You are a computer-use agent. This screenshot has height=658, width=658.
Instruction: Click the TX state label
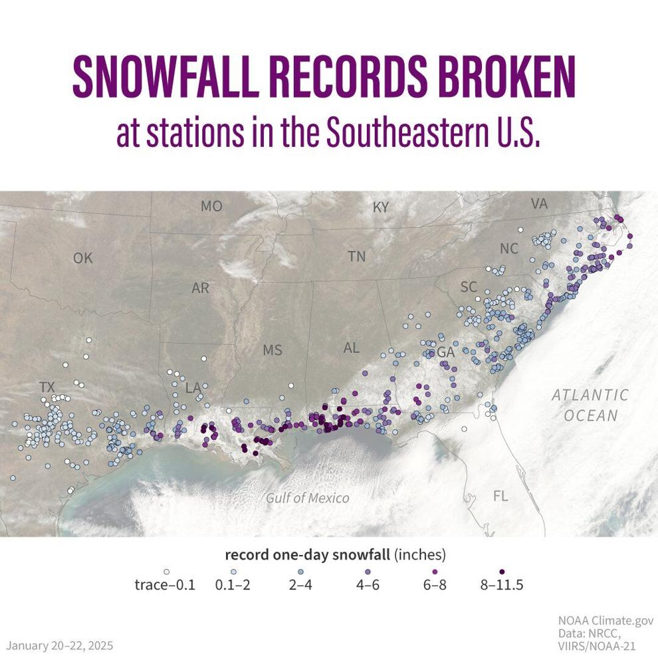[x=47, y=387]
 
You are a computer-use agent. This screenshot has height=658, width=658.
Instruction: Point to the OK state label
[x=83, y=259]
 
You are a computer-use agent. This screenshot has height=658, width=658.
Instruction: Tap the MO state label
[x=211, y=207]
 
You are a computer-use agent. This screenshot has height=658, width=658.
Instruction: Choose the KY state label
[x=380, y=208]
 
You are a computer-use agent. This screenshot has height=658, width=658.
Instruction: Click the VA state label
[x=539, y=204]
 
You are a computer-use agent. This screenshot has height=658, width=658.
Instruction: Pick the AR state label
[x=200, y=288]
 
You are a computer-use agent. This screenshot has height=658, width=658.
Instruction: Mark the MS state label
[x=273, y=350]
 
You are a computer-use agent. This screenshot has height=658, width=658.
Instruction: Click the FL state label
[x=500, y=496]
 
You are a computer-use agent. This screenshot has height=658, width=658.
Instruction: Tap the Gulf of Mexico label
[x=308, y=498]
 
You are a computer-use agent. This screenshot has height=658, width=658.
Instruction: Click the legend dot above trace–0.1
[x=167, y=570]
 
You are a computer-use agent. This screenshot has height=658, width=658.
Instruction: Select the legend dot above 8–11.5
[x=502, y=570]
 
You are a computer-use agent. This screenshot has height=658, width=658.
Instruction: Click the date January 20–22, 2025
[x=60, y=645]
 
